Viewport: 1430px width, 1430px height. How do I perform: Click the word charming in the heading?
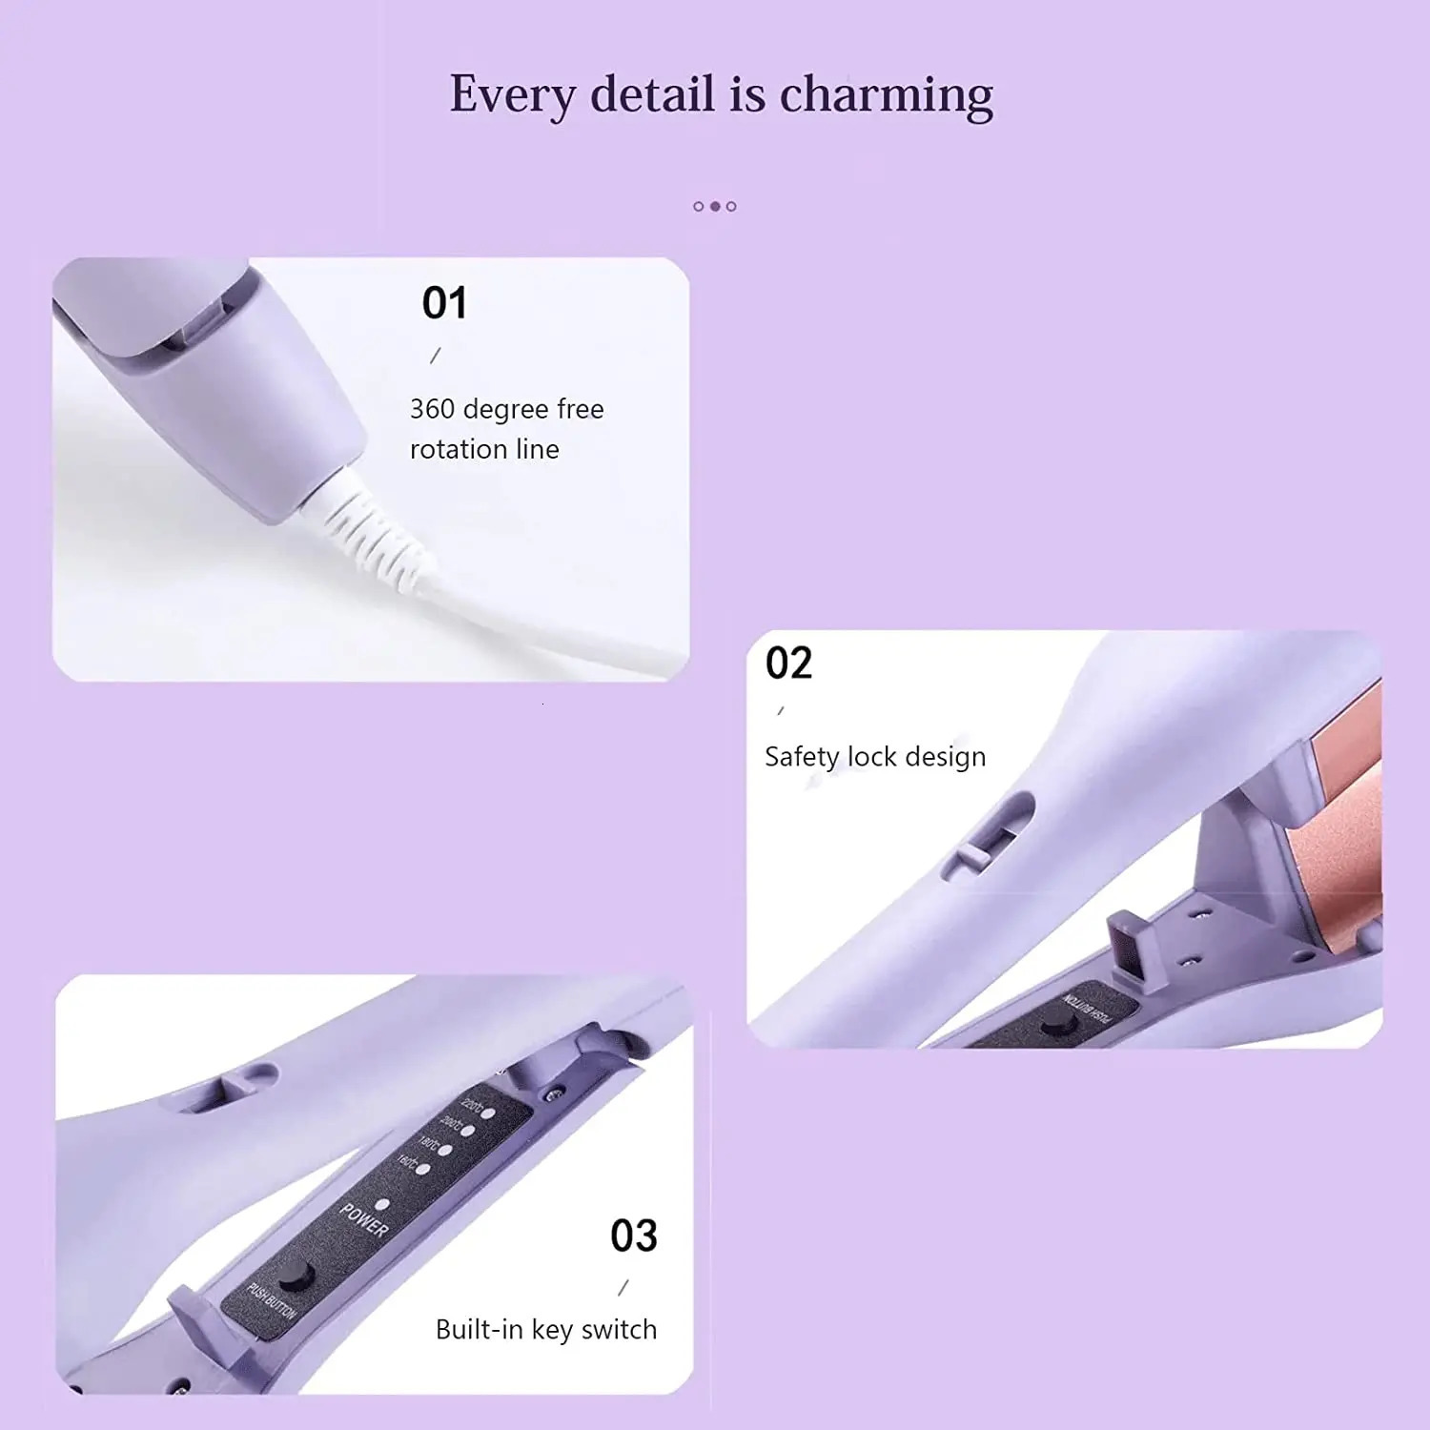click(886, 95)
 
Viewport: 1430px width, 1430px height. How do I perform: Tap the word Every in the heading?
click(513, 95)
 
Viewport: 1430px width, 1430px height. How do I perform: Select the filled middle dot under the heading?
click(715, 206)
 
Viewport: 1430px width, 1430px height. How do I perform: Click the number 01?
click(444, 303)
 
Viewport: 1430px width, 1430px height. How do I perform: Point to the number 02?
click(788, 663)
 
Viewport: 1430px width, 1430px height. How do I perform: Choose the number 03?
click(634, 1236)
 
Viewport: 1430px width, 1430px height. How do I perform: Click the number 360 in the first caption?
click(432, 409)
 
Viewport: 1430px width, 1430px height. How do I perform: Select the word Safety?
click(802, 757)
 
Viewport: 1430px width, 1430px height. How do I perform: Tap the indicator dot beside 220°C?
click(488, 1112)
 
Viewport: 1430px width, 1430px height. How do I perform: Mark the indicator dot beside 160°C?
click(422, 1169)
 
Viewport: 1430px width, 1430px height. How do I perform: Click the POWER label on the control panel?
click(364, 1220)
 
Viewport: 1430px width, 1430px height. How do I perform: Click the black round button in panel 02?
click(1054, 1026)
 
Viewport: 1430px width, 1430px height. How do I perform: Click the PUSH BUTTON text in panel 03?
click(272, 1301)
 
